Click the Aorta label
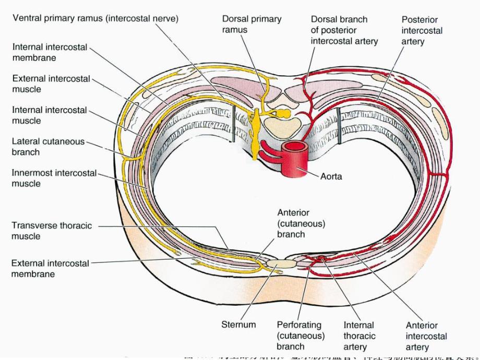click(x=331, y=176)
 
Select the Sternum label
click(x=238, y=325)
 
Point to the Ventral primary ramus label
click(x=95, y=18)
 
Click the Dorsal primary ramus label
click(x=251, y=25)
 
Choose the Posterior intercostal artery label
click(x=422, y=30)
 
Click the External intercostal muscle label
click(x=50, y=84)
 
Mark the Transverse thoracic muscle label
click(x=51, y=231)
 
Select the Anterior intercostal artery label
click(x=426, y=337)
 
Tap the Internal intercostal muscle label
click(x=49, y=115)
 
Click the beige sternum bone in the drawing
click(x=282, y=263)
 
